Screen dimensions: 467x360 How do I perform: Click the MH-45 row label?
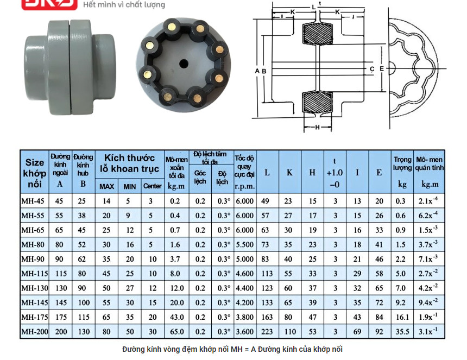point(33,201)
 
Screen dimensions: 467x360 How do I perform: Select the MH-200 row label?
point(35,331)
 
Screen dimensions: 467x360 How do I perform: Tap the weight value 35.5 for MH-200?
point(402,331)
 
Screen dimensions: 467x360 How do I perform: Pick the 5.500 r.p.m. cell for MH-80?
point(244,244)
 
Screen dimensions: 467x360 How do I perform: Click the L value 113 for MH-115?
point(267,273)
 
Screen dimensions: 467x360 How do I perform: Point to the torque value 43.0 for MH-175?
point(176,317)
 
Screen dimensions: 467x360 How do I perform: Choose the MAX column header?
point(106,187)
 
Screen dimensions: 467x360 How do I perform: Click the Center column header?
point(153,186)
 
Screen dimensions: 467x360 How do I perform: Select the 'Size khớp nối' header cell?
point(35,173)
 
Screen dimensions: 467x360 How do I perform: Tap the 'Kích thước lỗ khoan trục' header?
point(130,163)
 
